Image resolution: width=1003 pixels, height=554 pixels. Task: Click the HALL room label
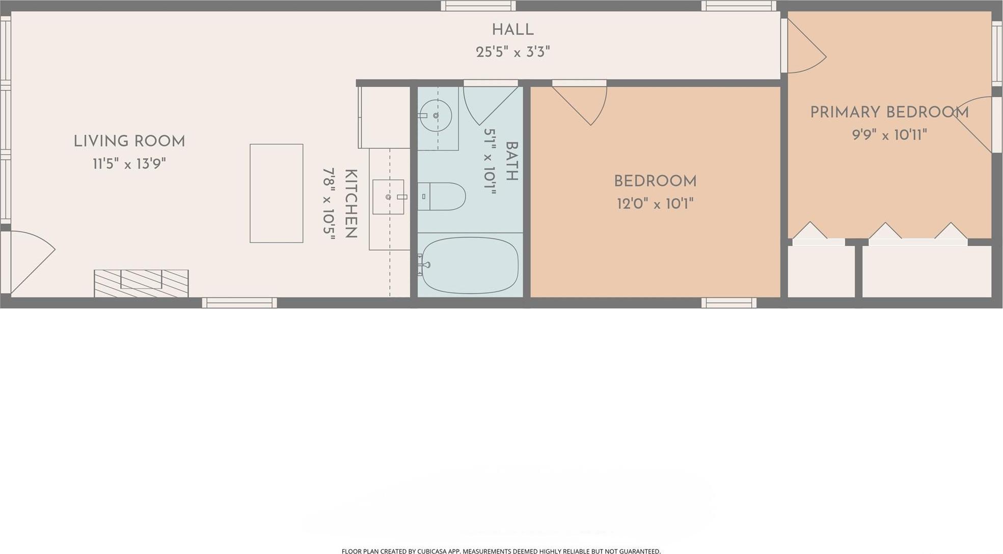512,30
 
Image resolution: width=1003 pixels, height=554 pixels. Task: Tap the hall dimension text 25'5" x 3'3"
512,52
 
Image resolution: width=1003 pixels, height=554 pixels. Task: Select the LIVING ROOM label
129,141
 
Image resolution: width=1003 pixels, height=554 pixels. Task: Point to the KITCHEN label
351,204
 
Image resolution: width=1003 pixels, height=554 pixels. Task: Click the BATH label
511,161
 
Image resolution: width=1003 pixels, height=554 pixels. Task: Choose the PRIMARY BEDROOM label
889,112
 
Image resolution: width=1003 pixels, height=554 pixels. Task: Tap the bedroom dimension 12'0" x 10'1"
655,204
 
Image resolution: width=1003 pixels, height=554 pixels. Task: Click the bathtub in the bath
469,265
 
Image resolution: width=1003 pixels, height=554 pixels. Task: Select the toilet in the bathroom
442,197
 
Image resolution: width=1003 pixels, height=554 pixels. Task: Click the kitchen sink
388,197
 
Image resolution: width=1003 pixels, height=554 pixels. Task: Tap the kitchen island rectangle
277,193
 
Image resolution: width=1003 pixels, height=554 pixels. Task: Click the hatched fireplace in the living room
141,283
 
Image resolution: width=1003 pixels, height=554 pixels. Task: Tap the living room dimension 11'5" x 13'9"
129,164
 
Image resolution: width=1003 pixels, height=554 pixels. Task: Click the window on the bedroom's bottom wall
729,303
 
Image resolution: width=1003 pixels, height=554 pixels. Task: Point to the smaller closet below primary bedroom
821,271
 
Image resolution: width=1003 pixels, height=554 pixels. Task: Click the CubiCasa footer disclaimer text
501,551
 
